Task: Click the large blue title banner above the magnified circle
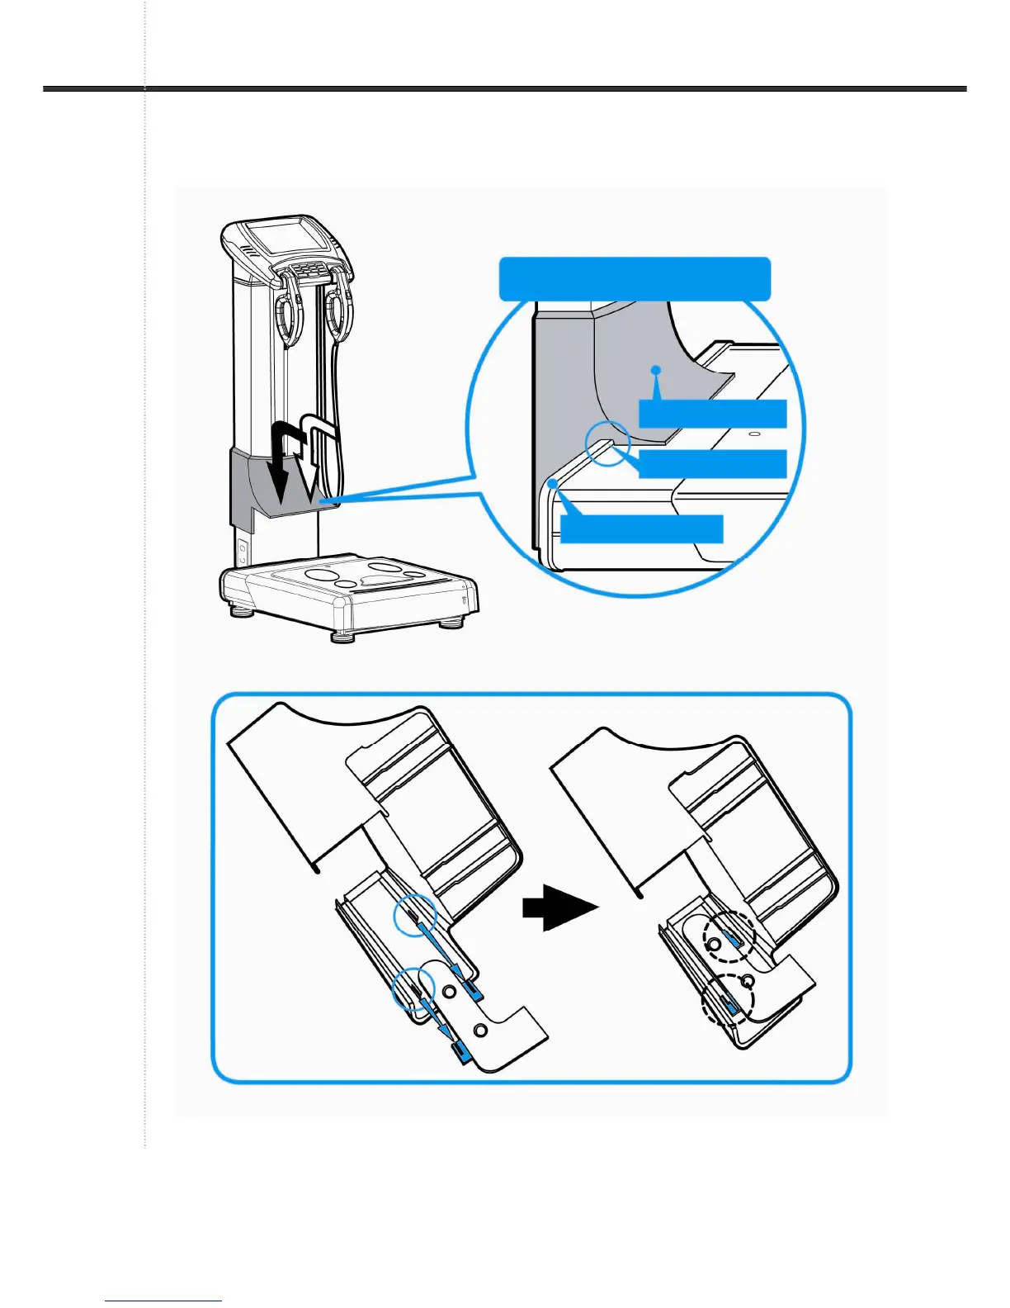(635, 278)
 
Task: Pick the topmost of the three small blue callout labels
(712, 414)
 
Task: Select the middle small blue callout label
(712, 464)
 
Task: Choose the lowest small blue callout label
(641, 528)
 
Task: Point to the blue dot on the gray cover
(655, 370)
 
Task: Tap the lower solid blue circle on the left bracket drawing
(413, 988)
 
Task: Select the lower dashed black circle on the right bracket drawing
(728, 1000)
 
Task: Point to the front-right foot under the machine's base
(450, 622)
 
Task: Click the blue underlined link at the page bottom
(163, 1300)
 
